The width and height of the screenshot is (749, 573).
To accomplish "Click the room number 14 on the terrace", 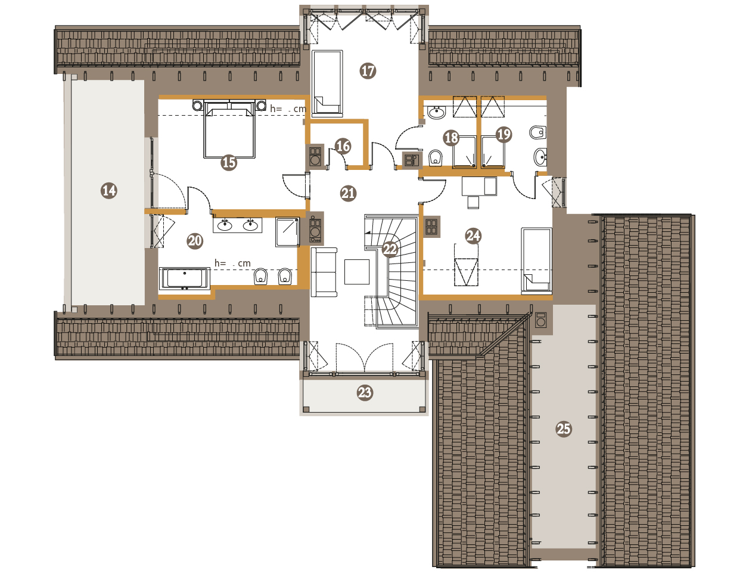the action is click(x=109, y=190).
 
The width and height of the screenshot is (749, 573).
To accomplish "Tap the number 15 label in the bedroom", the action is click(x=229, y=162).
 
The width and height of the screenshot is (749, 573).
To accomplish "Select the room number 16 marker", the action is click(x=343, y=146).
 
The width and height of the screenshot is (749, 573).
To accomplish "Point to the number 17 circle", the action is click(x=368, y=71).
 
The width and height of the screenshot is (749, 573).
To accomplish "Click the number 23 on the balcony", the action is click(x=365, y=392).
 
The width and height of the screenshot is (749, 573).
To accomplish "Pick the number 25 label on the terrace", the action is click(x=563, y=429).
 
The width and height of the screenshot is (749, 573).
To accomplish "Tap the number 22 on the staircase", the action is click(x=390, y=249).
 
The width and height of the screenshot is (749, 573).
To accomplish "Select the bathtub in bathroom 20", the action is click(x=185, y=278).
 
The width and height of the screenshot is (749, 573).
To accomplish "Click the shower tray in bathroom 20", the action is click(x=287, y=231).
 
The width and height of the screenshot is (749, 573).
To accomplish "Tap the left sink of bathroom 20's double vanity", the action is click(x=225, y=225).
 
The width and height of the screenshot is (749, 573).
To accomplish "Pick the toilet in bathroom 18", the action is click(x=435, y=158).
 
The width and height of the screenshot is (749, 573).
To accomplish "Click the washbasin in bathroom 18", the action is click(x=436, y=112).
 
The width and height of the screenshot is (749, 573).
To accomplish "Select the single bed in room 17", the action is click(x=327, y=82).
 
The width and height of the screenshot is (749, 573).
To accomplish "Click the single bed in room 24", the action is click(x=536, y=260).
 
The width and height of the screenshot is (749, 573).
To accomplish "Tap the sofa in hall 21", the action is click(x=324, y=272).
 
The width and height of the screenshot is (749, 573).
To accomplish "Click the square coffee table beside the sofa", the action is click(x=356, y=272).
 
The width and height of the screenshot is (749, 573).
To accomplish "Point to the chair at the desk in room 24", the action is click(x=473, y=202).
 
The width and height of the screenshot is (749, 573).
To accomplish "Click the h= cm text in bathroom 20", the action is click(x=232, y=264).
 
